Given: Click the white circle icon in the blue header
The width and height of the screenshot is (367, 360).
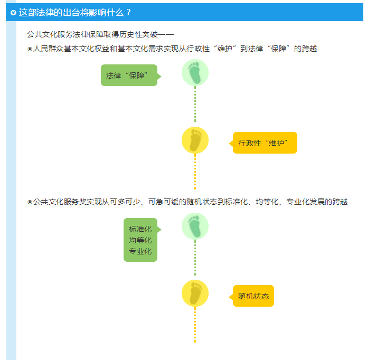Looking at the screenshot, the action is (x=13, y=12).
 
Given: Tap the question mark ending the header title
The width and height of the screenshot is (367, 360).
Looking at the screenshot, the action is (x=128, y=12).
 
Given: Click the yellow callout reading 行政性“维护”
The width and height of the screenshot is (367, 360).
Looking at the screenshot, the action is (x=263, y=143).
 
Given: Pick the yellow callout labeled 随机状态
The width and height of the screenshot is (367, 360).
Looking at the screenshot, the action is (x=251, y=296).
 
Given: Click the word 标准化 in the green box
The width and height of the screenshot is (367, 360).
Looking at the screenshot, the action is (x=140, y=229).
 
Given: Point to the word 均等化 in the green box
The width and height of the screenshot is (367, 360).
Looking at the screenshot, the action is (x=140, y=240).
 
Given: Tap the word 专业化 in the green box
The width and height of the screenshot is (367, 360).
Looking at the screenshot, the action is (x=140, y=251).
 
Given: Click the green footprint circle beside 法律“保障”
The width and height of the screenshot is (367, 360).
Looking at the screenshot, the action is (x=195, y=73).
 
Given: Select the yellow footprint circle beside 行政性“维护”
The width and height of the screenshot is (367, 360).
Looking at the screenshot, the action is (x=195, y=140).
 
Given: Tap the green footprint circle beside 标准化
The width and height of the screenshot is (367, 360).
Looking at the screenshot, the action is (x=195, y=226).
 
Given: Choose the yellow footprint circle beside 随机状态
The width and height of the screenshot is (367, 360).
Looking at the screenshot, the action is (x=195, y=293).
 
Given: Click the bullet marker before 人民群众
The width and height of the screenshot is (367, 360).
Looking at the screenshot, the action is (x=30, y=49).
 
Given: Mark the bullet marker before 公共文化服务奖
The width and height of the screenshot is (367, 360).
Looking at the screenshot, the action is (x=30, y=202).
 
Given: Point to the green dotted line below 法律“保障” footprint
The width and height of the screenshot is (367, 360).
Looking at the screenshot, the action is (x=195, y=104).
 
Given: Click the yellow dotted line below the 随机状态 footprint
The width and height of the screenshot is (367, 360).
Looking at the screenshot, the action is (x=195, y=325).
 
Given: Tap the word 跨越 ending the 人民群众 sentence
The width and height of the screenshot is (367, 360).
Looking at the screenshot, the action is (x=309, y=49).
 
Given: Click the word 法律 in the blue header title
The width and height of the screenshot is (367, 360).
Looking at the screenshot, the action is (x=45, y=12).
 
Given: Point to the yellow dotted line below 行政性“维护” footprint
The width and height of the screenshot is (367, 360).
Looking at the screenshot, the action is (x=195, y=172).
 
